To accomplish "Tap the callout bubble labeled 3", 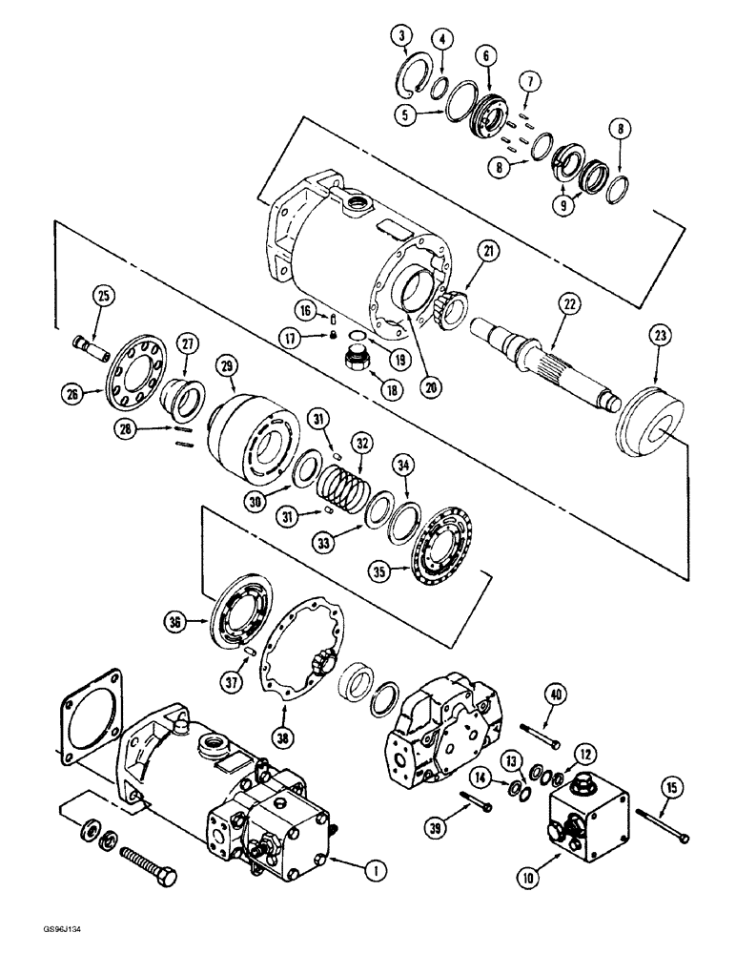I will tap(404, 39).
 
